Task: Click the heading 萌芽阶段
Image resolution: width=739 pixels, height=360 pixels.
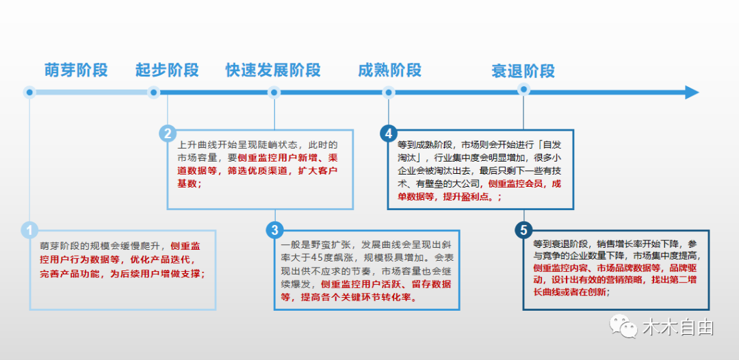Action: coord(76,70)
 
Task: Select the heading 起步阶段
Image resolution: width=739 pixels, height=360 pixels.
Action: coord(167,70)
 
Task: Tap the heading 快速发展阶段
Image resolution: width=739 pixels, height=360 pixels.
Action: coord(273,70)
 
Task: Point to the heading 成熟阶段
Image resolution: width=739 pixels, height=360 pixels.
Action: coord(389,70)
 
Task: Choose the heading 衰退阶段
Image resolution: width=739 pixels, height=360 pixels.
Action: coord(523,70)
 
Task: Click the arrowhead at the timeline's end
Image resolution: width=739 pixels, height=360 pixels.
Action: coord(691,92)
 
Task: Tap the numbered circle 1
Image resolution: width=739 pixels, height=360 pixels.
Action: coord(29,230)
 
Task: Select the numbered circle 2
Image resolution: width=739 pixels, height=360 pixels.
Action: coord(167,133)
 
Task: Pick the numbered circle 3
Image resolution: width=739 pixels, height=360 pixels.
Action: coord(274,230)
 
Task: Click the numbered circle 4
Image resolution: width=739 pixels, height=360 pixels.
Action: coord(389,133)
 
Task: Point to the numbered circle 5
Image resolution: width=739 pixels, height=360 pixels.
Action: coord(523,230)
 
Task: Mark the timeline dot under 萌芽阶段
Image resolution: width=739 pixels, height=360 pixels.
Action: coord(29,92)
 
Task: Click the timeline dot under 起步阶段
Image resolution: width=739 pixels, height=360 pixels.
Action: coord(153,92)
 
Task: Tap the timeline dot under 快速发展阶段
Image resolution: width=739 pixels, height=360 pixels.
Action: coord(274,92)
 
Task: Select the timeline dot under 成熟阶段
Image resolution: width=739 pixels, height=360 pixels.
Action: coord(389,92)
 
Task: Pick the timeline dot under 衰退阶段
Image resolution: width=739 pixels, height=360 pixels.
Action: coord(523,90)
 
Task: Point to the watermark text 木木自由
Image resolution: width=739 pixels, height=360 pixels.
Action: coord(677,328)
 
